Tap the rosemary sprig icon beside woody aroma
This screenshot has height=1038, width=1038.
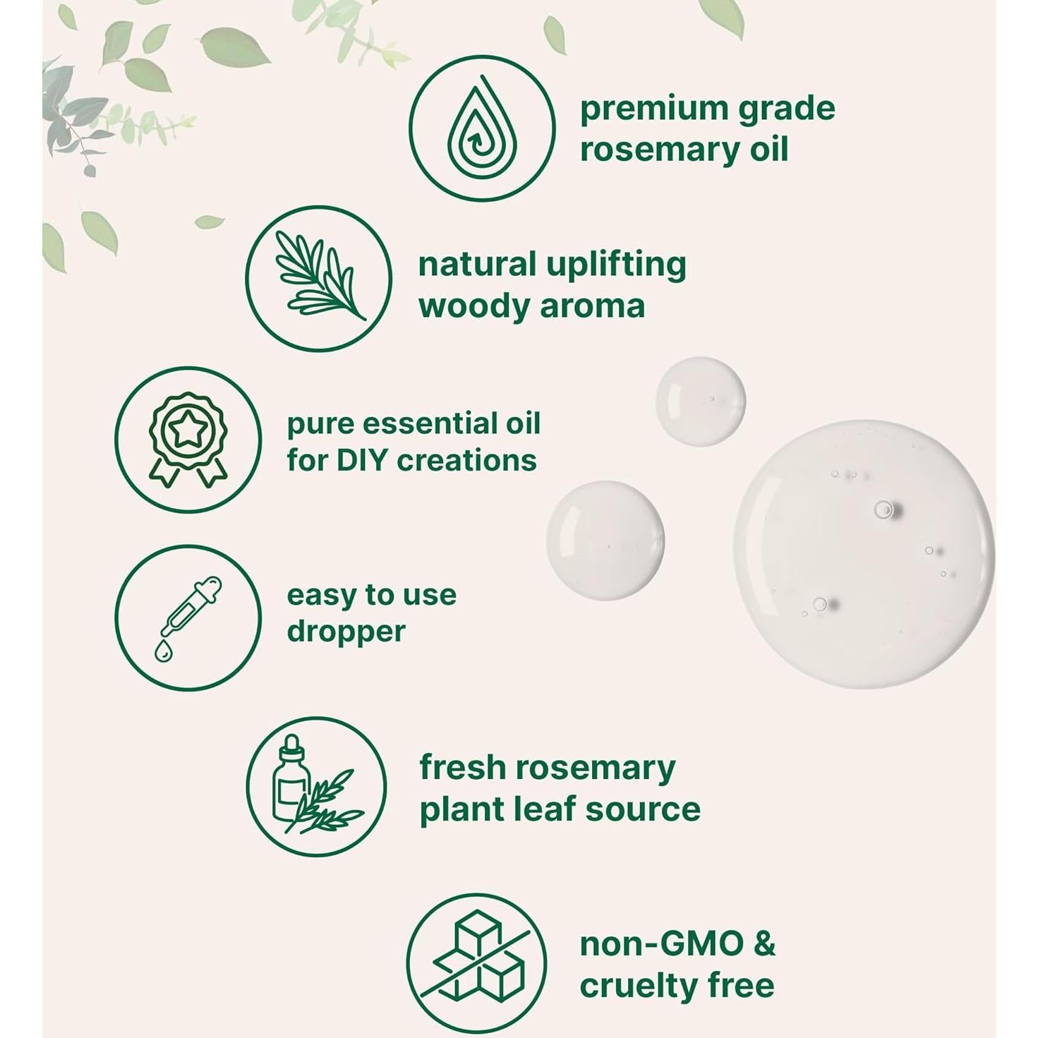pos(320,279)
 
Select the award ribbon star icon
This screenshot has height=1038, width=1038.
pos(188,439)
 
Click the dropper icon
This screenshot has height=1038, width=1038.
pos(188,617)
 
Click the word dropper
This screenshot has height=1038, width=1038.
pos(346,632)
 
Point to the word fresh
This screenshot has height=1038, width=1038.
pos(462,768)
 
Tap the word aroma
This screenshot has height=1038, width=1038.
pos(591,308)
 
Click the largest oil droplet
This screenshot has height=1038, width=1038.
pos(864,553)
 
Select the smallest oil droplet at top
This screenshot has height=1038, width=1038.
pos(701,402)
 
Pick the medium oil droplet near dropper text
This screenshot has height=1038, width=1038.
pos(605,541)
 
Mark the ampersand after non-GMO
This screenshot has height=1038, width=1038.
pos(764,945)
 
